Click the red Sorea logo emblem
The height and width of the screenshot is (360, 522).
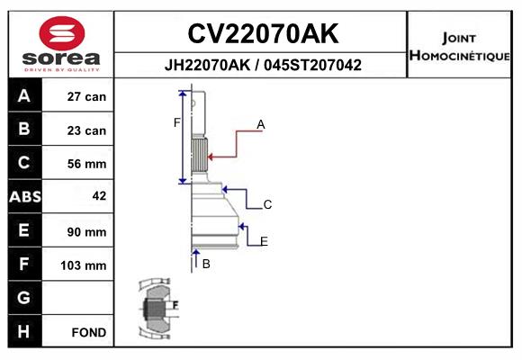pyautogui.click(x=62, y=33)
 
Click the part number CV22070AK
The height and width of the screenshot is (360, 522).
pyautogui.click(x=263, y=33)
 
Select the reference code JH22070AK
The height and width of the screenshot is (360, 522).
pyautogui.click(x=207, y=65)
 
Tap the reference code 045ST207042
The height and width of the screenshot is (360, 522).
pyautogui.click(x=312, y=65)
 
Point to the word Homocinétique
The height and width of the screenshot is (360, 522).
pyautogui.click(x=459, y=55)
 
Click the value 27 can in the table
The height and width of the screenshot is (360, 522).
pyautogui.click(x=86, y=96)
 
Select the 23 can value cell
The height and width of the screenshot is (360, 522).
pyautogui.click(x=86, y=130)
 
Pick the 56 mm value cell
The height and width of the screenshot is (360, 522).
pyautogui.click(x=86, y=164)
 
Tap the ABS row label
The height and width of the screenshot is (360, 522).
pyautogui.click(x=25, y=196)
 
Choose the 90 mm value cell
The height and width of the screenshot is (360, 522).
pyautogui.click(x=86, y=232)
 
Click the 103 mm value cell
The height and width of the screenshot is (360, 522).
pyautogui.click(x=84, y=265)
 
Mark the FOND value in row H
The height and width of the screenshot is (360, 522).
pyautogui.click(x=89, y=332)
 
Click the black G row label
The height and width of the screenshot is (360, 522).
pyautogui.click(x=25, y=297)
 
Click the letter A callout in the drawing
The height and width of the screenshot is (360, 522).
pyautogui.click(x=261, y=124)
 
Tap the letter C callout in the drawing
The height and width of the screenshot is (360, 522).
pyautogui.click(x=267, y=204)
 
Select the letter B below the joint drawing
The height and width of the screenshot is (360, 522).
pyautogui.click(x=206, y=264)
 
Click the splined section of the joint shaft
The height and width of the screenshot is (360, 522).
pyautogui.click(x=200, y=155)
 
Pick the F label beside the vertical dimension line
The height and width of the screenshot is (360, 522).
pyautogui.click(x=176, y=123)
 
